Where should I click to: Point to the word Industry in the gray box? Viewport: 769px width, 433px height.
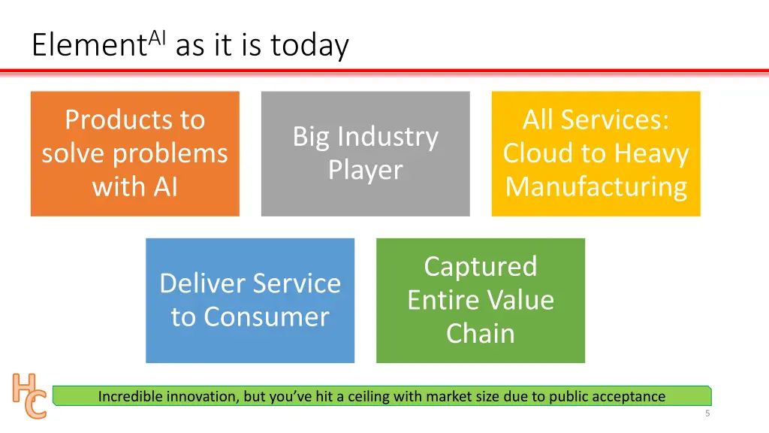point(388,137)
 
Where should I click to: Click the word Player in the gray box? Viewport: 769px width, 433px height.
point(366,170)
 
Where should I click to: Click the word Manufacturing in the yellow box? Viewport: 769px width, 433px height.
point(596,186)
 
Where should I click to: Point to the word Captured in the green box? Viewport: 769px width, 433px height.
point(481,266)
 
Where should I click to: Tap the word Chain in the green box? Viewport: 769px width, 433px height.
point(481,333)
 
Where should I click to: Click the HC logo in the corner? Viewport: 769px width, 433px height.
point(29,395)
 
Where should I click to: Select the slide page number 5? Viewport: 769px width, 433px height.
point(707,414)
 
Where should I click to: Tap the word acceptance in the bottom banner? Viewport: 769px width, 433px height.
point(629,396)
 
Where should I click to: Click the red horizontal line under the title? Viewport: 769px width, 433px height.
point(384,72)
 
